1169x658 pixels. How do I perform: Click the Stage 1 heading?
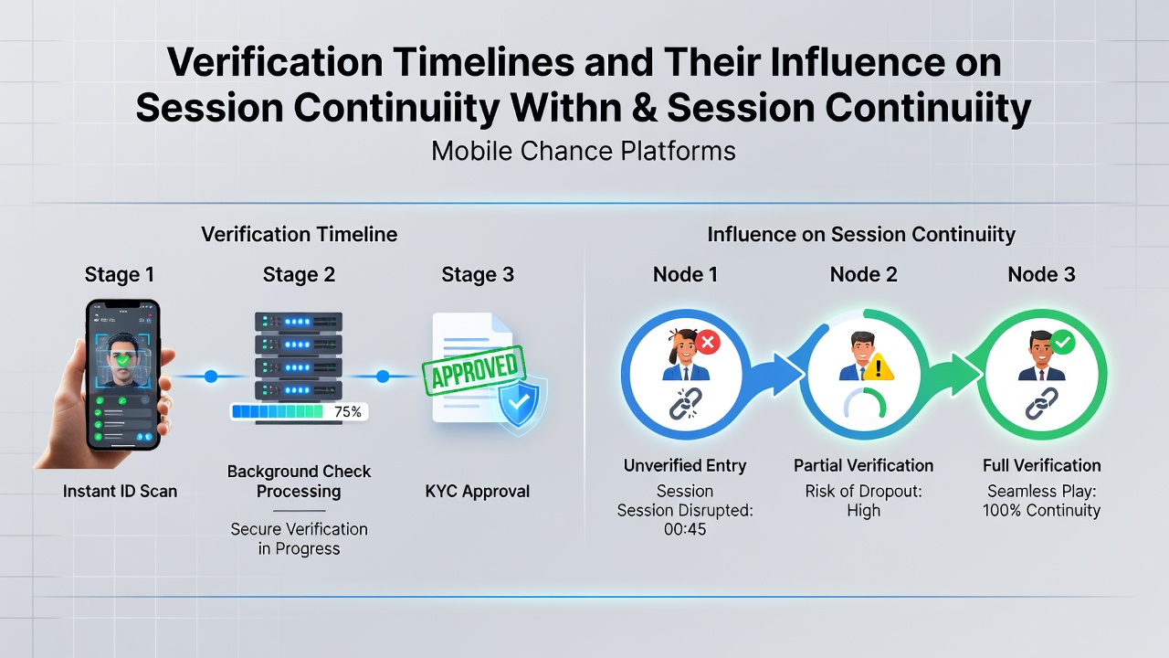click(x=120, y=274)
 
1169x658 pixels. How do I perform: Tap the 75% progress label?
click(x=348, y=412)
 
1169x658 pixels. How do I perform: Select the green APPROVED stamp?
click(x=473, y=371)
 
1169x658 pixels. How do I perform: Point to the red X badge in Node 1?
click(x=708, y=343)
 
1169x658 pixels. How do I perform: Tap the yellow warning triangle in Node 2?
click(x=878, y=367)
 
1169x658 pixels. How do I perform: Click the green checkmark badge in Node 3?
click(x=1063, y=343)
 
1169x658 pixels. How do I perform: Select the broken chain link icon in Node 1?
click(x=685, y=404)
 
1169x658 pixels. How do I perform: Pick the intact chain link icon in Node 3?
click(x=1041, y=404)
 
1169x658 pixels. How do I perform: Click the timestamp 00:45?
click(x=685, y=529)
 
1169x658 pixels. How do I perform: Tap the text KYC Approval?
click(x=478, y=492)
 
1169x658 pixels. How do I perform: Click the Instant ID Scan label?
click(x=120, y=492)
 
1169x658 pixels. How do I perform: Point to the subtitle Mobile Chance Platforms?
click(x=584, y=152)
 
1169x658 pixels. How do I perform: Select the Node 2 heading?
click(x=864, y=274)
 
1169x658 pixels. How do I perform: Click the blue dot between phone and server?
click(x=211, y=376)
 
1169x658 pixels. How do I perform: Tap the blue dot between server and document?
click(x=383, y=376)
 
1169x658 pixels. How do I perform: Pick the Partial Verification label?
click(x=864, y=465)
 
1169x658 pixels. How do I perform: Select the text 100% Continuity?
click(x=1042, y=510)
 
